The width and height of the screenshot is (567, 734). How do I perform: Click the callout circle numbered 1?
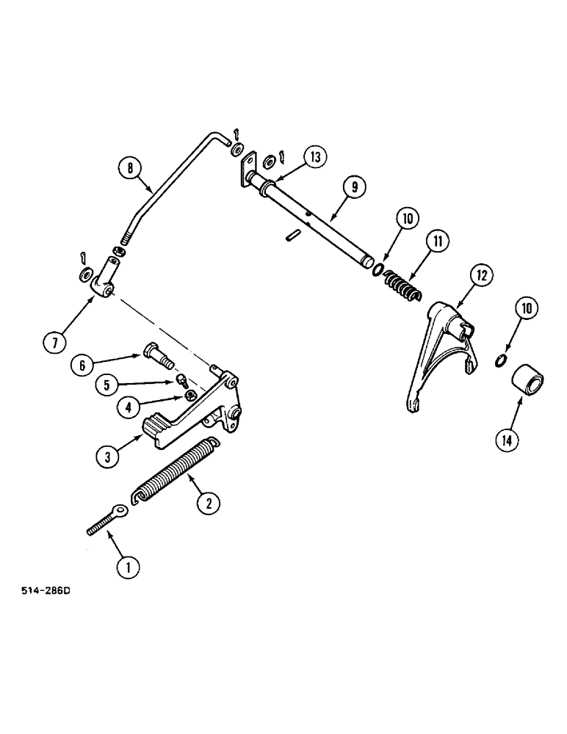(128, 565)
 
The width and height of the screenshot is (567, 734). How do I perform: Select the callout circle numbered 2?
(208, 503)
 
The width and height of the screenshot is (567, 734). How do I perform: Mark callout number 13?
(315, 157)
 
